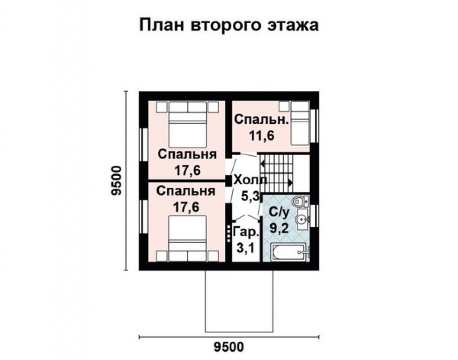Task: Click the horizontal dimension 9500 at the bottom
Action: tap(229, 347)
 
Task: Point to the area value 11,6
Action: tap(260, 136)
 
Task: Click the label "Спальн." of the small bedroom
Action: tap(261, 120)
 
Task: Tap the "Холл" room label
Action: tap(250, 180)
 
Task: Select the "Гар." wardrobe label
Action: tap(245, 232)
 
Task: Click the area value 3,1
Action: tap(245, 248)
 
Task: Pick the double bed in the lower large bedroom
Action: tap(187, 237)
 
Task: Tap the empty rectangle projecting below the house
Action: tap(239, 300)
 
